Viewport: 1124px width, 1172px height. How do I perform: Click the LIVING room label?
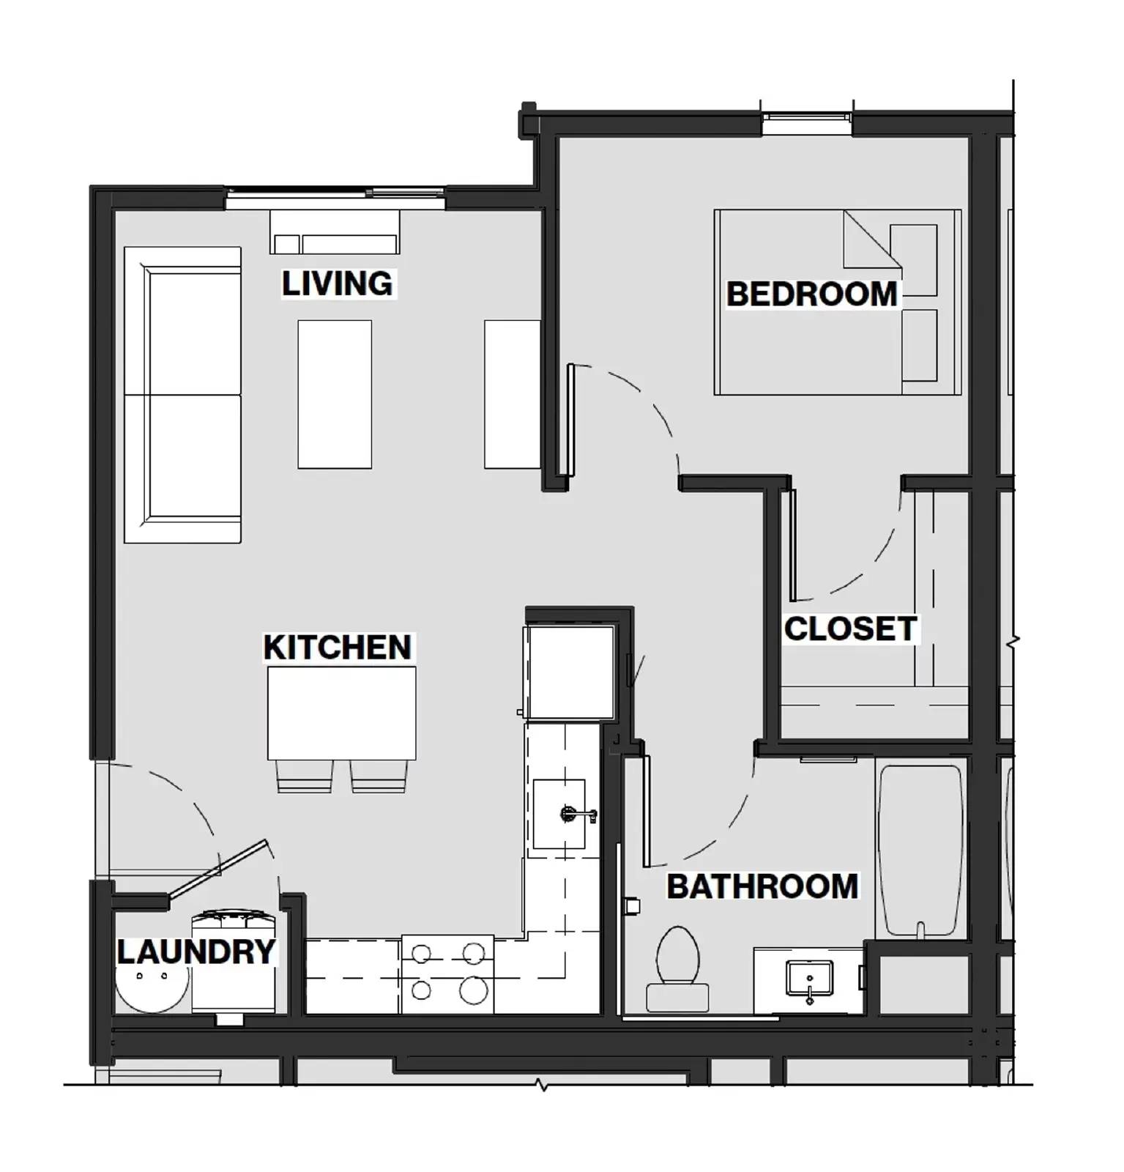(337, 283)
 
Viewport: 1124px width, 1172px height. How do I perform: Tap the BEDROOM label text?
(811, 294)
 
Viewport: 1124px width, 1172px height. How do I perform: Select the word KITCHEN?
(338, 648)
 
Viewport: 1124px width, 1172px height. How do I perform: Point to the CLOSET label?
(850, 628)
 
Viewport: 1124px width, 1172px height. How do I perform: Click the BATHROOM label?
(762, 886)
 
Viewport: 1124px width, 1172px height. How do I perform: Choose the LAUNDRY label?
(196, 952)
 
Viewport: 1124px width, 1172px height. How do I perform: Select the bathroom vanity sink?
(809, 979)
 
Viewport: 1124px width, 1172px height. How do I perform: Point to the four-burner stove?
(447, 973)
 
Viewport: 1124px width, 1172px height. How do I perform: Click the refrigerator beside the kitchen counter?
(570, 672)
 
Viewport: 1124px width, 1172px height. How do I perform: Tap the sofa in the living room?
(183, 395)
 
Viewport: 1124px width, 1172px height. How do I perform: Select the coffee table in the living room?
(335, 394)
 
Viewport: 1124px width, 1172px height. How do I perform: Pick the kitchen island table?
(341, 713)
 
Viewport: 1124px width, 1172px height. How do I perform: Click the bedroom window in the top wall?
(806, 116)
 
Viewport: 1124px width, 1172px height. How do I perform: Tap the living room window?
(335, 193)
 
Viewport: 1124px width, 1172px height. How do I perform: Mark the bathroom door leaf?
(646, 810)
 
